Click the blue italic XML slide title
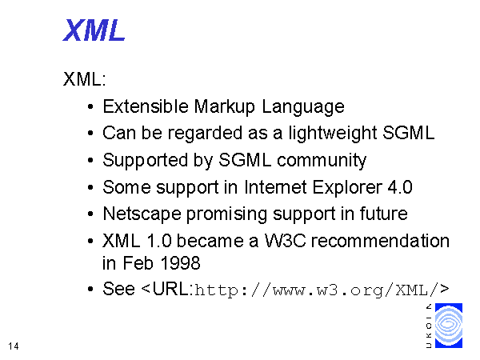click(94, 30)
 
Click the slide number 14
click(14, 346)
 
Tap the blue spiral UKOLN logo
click(449, 326)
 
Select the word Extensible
click(146, 106)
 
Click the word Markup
click(224, 107)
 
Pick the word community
click(322, 161)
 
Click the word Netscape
click(142, 214)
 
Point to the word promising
click(226, 214)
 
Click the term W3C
click(285, 241)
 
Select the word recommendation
click(380, 241)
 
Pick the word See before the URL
click(118, 289)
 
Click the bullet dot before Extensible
click(90, 107)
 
